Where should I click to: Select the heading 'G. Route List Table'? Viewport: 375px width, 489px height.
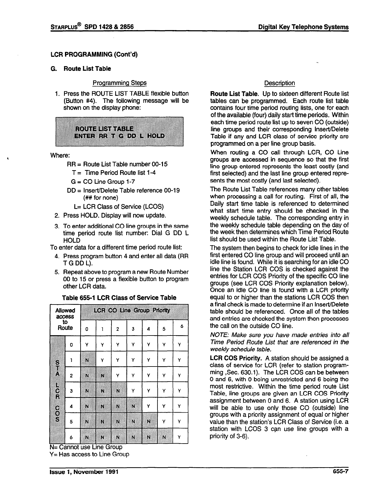81,69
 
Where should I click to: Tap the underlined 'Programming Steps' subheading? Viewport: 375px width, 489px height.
119,83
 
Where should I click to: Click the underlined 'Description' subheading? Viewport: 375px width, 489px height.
279,83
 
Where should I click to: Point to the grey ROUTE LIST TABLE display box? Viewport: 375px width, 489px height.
119,132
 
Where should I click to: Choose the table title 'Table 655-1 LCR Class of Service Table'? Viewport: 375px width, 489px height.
119,297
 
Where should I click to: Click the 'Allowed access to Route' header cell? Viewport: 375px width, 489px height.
65,319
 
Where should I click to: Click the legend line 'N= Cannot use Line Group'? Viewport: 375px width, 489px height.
86,447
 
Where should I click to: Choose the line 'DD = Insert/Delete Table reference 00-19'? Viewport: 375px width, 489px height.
123,190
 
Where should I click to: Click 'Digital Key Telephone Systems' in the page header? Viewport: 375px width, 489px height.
303,27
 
